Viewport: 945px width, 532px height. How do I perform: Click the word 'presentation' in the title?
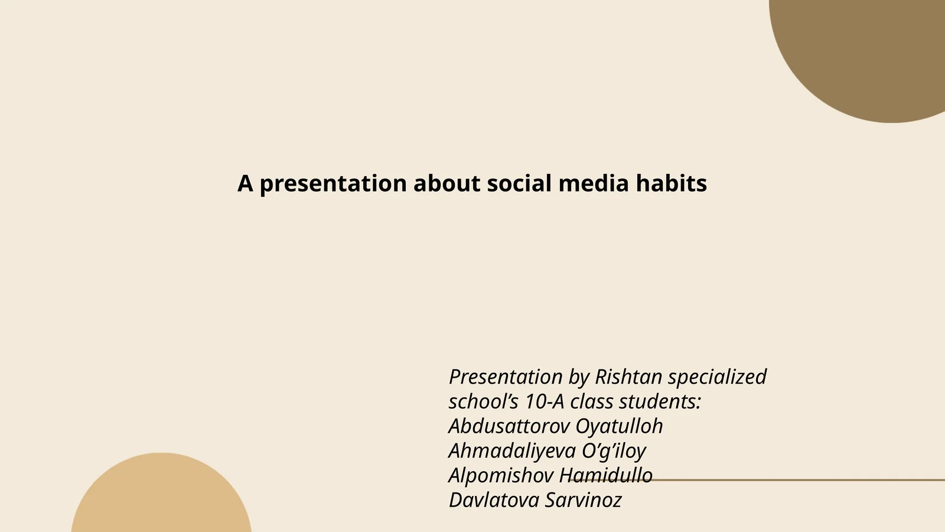pos(333,184)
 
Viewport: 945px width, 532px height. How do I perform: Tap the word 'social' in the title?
pos(519,183)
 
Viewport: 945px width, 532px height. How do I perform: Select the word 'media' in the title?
pos(593,183)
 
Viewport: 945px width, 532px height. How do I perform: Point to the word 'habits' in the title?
pos(671,183)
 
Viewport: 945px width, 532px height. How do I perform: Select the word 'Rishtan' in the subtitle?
pos(628,377)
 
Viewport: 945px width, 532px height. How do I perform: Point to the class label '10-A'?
pos(545,401)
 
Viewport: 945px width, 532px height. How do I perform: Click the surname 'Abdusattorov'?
pos(509,426)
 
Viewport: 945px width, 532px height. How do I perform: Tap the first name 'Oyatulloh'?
pos(619,426)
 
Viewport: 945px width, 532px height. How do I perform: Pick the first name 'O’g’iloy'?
pos(614,451)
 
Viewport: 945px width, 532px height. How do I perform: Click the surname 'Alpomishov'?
pos(501,475)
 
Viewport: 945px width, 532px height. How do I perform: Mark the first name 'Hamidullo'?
pos(605,475)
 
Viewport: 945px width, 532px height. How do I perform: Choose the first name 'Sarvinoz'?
pos(583,500)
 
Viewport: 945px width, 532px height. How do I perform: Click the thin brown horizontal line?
pos(797,480)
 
